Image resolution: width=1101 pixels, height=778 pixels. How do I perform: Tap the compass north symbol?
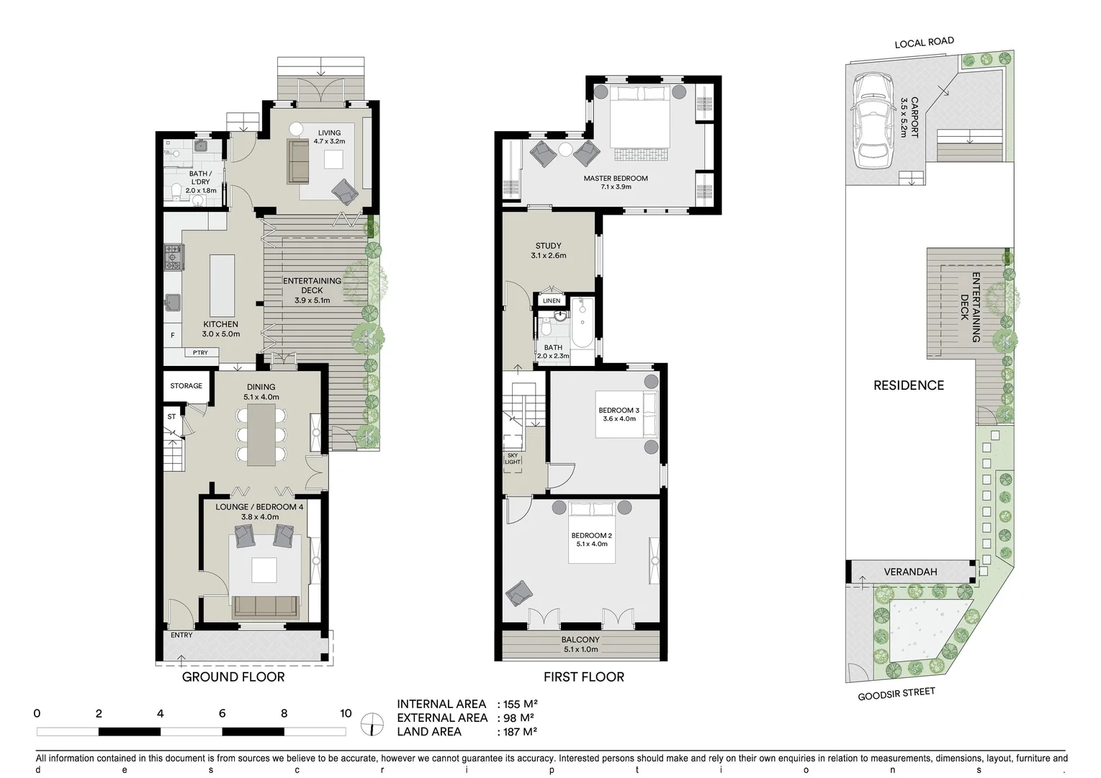372,723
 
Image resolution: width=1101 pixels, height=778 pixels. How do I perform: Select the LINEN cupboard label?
552,301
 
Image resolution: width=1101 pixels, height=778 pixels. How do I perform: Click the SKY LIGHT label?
513,459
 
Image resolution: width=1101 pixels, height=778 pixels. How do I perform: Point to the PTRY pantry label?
200,353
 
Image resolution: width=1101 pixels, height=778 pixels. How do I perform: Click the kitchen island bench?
222,286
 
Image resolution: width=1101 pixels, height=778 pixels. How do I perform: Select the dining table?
261,434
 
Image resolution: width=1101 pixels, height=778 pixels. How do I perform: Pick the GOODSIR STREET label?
896,694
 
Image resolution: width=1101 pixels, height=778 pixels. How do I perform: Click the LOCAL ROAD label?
924,43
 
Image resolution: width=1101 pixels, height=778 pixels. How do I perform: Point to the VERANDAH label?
910,572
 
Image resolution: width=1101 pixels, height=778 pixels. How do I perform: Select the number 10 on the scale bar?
346,714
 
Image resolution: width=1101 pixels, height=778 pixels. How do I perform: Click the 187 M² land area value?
518,732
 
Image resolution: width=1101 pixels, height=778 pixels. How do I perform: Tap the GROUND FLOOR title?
233,677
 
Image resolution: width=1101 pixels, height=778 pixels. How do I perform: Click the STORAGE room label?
186,386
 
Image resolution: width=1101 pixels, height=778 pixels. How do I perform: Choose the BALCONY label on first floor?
580,640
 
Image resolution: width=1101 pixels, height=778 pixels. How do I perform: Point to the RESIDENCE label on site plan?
908,385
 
